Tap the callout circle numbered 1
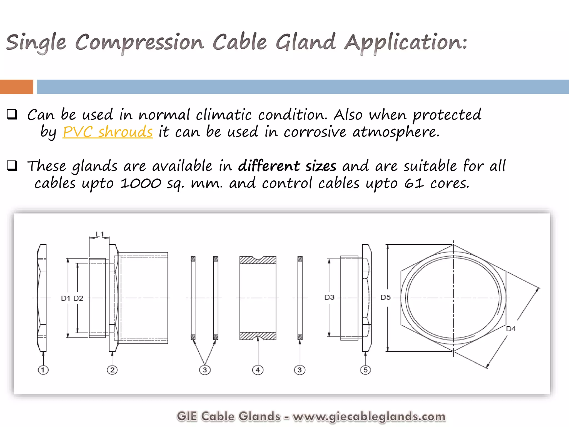(x=43, y=370)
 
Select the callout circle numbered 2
(x=112, y=370)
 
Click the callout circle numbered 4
(x=258, y=370)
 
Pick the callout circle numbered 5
(x=365, y=370)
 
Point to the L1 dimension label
(x=99, y=234)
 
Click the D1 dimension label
(x=66, y=298)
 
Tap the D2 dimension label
(x=78, y=298)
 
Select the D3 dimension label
(x=329, y=297)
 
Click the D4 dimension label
(x=511, y=329)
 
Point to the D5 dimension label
(x=386, y=297)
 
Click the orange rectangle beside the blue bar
(x=16, y=87)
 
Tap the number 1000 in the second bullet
(x=141, y=183)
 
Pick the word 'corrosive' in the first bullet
(x=315, y=132)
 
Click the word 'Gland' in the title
(x=306, y=42)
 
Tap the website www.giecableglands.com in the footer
(x=369, y=416)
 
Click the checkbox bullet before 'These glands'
(x=12, y=166)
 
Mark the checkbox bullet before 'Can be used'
(x=12, y=114)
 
